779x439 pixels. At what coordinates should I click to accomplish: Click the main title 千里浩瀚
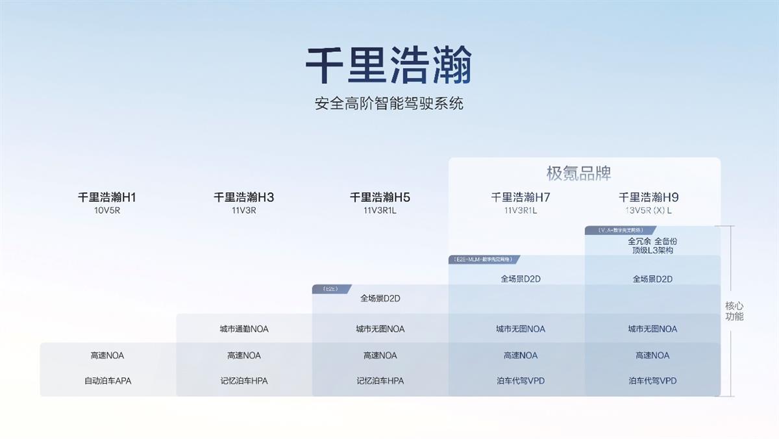(x=389, y=66)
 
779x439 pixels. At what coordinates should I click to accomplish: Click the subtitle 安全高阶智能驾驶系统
(x=389, y=103)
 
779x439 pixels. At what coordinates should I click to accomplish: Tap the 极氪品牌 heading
(x=579, y=173)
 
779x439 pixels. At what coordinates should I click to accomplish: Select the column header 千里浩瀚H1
(x=107, y=197)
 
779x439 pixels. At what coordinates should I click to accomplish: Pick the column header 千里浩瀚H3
(x=244, y=197)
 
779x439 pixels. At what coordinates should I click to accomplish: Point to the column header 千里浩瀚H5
(x=380, y=197)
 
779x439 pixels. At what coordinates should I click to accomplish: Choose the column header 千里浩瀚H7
(x=521, y=197)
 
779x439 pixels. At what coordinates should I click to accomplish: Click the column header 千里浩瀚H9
(x=649, y=197)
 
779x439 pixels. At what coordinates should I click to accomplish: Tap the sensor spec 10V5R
(x=107, y=210)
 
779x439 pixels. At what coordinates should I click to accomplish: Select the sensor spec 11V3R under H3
(x=244, y=210)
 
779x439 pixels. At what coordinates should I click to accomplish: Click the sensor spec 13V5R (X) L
(x=649, y=210)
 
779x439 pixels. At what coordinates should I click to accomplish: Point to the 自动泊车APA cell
(x=108, y=381)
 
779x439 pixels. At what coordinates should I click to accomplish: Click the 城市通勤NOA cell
(x=244, y=329)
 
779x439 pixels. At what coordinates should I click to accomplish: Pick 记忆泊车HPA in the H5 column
(x=380, y=381)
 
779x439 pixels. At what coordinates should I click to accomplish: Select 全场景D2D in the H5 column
(x=380, y=299)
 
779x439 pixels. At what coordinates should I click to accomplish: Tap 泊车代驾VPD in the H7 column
(x=521, y=381)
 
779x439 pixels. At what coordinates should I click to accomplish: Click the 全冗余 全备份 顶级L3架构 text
(x=652, y=245)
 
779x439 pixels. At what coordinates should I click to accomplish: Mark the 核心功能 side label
(x=734, y=311)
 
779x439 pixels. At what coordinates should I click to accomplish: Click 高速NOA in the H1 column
(x=108, y=355)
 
